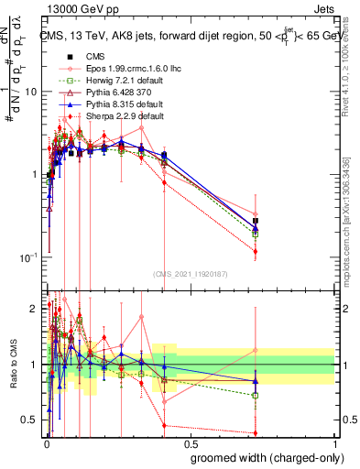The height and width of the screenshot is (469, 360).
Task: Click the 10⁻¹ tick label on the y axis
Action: (28, 257)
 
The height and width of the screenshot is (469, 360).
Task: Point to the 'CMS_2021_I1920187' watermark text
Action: (190, 274)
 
